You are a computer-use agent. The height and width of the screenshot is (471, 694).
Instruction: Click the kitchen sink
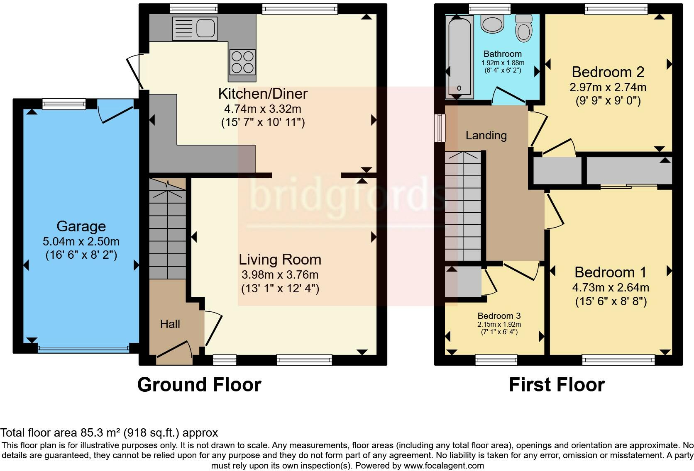click(x=195, y=29)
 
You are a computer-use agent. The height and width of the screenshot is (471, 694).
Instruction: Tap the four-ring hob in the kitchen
click(x=242, y=62)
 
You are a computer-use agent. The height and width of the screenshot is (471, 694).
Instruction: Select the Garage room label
click(x=81, y=226)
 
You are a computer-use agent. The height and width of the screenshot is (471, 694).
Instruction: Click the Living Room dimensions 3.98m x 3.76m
click(x=280, y=274)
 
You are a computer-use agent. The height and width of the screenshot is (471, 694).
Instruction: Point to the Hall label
click(x=170, y=324)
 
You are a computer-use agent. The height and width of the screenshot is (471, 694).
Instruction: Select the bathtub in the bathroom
click(x=459, y=56)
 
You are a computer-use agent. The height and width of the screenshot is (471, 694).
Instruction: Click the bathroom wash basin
click(x=492, y=24)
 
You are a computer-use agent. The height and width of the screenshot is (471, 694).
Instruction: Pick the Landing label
click(x=486, y=136)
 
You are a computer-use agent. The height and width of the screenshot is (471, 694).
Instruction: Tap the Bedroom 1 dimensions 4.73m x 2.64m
click(x=611, y=287)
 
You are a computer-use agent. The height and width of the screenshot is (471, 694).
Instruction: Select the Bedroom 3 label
click(x=499, y=316)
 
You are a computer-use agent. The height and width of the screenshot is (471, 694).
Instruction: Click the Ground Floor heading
click(x=199, y=385)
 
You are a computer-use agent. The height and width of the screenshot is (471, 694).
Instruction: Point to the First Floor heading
click(x=557, y=385)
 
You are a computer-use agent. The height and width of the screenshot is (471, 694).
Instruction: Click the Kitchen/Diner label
click(x=263, y=94)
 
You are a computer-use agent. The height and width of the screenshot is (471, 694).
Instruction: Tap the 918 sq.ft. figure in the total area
click(x=153, y=433)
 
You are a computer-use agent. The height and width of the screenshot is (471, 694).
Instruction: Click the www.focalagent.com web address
click(x=443, y=466)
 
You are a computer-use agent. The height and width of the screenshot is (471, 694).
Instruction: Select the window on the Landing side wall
click(x=440, y=128)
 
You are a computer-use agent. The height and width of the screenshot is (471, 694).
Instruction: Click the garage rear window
click(x=64, y=104)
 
